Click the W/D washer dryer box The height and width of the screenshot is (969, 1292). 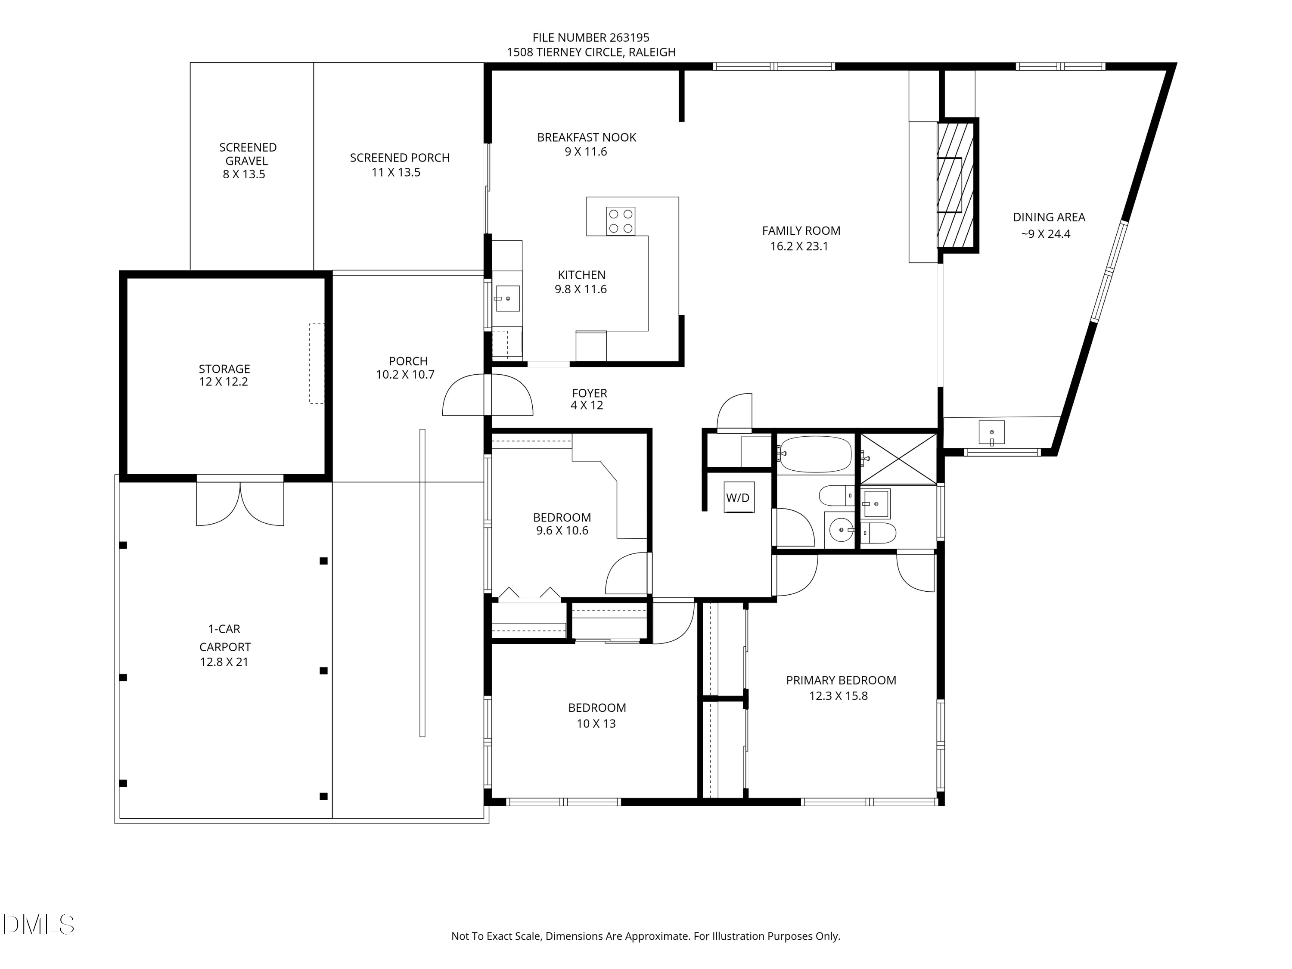(x=739, y=498)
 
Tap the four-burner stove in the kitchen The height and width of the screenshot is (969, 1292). (x=620, y=221)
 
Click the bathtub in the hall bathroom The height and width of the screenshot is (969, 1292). (x=815, y=454)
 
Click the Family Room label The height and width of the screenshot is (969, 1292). (x=801, y=231)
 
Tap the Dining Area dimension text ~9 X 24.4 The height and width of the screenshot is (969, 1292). (x=1046, y=234)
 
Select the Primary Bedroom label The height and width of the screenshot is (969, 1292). (x=841, y=680)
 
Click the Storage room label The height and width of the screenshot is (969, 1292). (x=224, y=369)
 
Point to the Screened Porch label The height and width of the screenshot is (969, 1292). (x=400, y=158)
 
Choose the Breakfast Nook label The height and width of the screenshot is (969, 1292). (x=587, y=137)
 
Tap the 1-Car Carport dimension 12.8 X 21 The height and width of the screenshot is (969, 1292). (x=224, y=662)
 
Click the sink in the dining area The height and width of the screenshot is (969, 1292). (x=992, y=432)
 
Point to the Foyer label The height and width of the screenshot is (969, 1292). (x=589, y=393)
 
